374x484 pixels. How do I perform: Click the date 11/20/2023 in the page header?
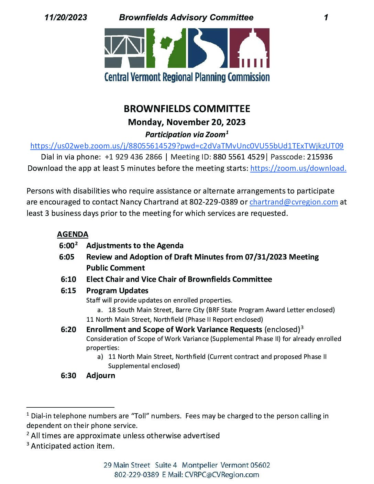tap(66, 18)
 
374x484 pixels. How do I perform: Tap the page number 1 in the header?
tap(326, 18)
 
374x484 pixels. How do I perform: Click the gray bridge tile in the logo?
tap(124, 48)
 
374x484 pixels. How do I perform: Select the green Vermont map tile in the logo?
tap(166, 48)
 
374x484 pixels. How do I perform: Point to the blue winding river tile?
tap(208, 48)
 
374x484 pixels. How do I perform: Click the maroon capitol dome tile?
tap(249, 48)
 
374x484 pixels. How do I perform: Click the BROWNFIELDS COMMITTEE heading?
tap(187, 109)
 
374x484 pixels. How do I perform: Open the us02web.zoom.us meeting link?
tap(187, 146)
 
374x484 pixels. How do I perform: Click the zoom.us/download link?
tap(298, 168)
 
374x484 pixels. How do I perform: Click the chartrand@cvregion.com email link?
tap(294, 202)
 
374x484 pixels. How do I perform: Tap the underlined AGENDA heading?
tap(73, 234)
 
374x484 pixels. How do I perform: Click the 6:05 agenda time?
tap(67, 257)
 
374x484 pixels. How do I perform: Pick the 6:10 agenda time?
tap(68, 279)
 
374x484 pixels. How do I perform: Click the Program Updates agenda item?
tap(117, 290)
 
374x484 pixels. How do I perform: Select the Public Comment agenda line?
tap(115, 268)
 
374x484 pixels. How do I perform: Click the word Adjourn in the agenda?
tap(101, 375)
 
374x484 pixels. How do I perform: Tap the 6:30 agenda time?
tap(68, 375)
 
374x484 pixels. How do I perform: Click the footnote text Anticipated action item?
tap(73, 446)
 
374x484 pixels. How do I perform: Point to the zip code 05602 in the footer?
tap(260, 465)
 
